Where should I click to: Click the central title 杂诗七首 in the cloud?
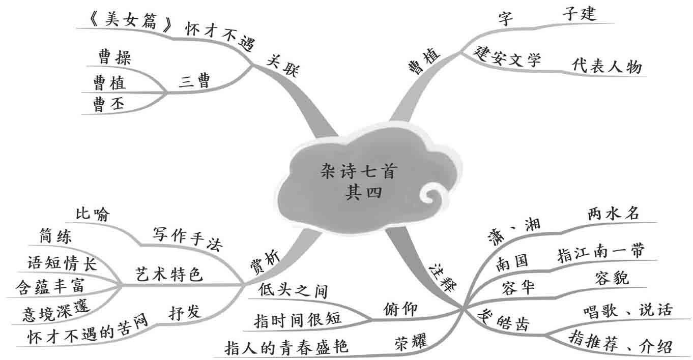(x=358, y=172)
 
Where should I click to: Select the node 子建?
(x=579, y=14)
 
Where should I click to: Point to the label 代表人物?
(x=607, y=66)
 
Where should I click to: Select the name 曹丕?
(x=106, y=104)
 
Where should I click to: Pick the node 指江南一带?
(x=601, y=251)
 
